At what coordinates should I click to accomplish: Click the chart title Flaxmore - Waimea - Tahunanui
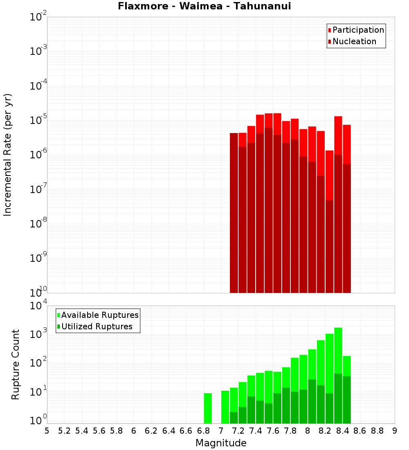(204, 6)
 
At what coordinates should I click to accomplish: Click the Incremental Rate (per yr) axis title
(8, 155)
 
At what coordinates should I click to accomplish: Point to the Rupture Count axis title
(16, 364)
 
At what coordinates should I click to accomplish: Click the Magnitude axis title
(221, 443)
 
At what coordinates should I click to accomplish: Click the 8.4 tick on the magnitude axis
(342, 431)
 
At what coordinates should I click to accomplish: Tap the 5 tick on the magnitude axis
(47, 431)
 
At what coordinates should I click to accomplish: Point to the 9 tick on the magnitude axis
(395, 431)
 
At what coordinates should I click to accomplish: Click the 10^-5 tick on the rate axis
(38, 120)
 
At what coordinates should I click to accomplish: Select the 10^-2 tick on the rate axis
(38, 17)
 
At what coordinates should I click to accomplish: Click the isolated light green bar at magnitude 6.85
(208, 408)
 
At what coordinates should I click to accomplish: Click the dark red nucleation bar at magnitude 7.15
(234, 213)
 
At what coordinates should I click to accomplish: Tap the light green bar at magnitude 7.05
(225, 407)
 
